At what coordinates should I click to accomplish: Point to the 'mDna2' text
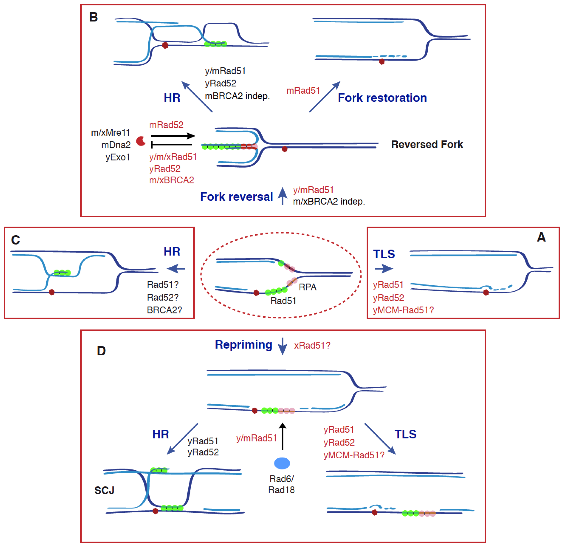pos(116,145)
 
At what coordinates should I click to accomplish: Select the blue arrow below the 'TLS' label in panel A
pos(384,269)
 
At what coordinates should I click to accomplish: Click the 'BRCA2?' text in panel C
pos(164,310)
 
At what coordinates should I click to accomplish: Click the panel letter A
pos(541,237)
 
